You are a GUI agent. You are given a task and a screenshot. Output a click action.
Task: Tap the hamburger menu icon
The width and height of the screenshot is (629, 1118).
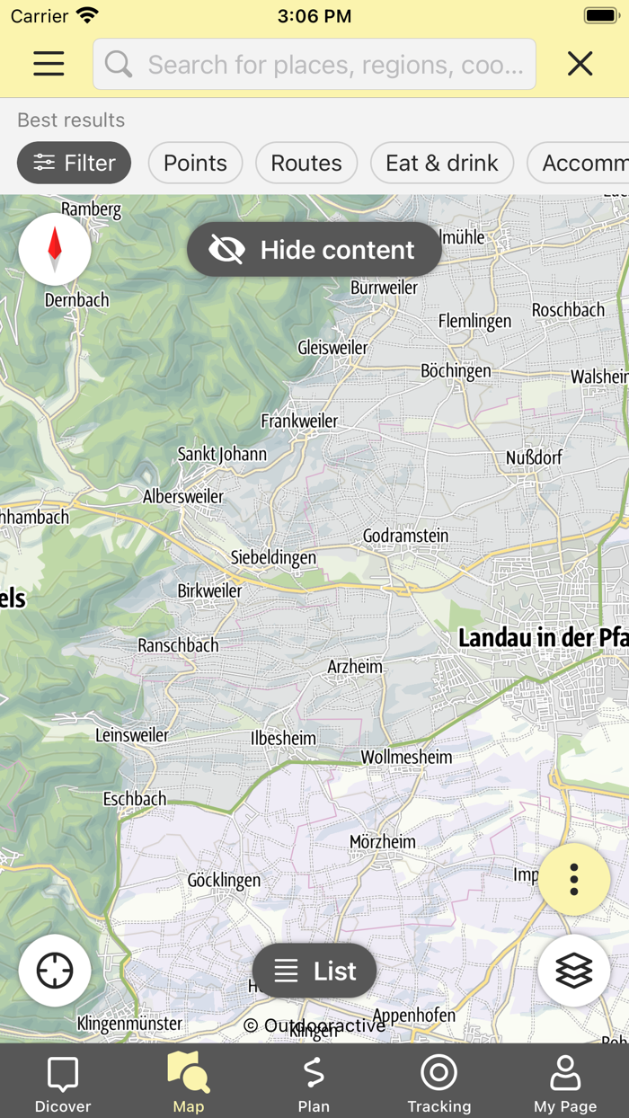click(49, 64)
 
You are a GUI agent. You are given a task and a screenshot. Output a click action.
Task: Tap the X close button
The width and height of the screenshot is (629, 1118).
click(580, 64)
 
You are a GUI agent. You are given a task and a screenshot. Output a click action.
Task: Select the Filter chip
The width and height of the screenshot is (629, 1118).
click(74, 163)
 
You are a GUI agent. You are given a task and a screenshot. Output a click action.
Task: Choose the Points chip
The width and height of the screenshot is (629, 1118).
click(195, 163)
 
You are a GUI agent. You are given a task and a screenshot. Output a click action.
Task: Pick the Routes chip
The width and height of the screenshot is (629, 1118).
click(306, 163)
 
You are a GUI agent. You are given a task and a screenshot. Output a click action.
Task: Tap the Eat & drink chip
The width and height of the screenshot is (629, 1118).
click(441, 163)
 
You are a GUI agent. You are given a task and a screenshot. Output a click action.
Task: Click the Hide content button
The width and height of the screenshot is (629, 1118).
click(314, 250)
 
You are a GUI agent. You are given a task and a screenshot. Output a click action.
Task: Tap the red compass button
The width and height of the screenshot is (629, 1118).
click(55, 249)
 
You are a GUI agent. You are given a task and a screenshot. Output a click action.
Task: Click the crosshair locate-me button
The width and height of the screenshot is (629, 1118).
click(55, 971)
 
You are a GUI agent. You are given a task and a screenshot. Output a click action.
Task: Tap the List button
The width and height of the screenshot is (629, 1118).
click(314, 971)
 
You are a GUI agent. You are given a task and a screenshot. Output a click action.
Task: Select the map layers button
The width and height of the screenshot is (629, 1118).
click(574, 971)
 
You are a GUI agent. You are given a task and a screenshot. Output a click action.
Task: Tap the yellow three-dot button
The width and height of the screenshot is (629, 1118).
click(574, 879)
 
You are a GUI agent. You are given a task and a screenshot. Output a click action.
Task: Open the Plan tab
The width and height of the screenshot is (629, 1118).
click(314, 1084)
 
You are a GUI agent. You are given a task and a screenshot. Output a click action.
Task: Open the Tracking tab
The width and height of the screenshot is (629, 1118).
click(439, 1084)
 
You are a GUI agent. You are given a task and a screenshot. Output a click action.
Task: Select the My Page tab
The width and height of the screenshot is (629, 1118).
click(565, 1084)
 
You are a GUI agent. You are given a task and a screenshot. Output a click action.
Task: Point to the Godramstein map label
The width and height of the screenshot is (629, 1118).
click(405, 536)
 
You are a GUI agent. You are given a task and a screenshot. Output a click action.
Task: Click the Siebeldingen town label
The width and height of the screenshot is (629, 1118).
click(273, 557)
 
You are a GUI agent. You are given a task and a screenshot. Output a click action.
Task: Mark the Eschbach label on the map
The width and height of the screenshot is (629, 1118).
click(135, 799)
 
